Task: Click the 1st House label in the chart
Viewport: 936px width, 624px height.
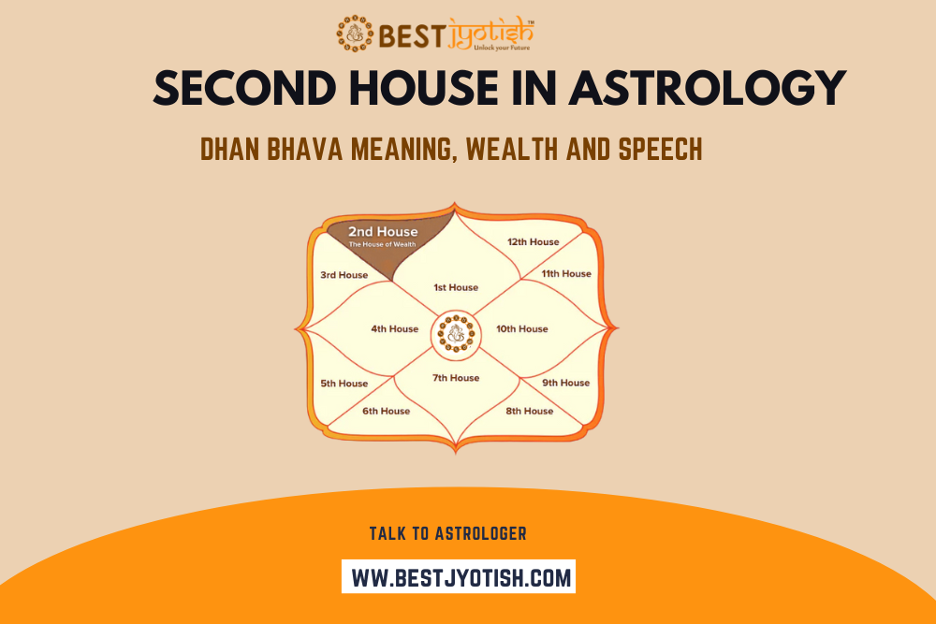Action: [x=456, y=287]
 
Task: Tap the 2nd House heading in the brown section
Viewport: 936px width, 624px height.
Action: [x=383, y=231]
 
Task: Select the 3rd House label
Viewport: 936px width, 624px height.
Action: [x=344, y=275]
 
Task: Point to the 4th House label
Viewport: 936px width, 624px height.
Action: [x=395, y=328]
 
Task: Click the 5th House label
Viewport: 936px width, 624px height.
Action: [x=344, y=384]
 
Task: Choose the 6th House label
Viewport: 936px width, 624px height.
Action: [x=387, y=411]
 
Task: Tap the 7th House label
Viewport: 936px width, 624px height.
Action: [x=456, y=378]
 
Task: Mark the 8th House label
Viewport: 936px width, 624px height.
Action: [x=530, y=411]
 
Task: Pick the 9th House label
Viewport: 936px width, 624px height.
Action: [x=566, y=383]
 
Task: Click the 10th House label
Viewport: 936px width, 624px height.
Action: [x=521, y=328]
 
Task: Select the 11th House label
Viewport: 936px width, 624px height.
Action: [x=566, y=274]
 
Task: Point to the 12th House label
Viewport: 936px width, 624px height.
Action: [x=534, y=242]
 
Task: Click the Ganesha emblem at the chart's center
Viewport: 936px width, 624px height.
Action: [x=456, y=334]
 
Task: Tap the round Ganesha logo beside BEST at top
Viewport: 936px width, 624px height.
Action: [x=355, y=34]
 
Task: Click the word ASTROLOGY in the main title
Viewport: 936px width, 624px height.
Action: [x=708, y=88]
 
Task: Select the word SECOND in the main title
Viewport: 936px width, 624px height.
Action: [x=245, y=88]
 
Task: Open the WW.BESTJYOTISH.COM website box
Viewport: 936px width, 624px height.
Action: [x=459, y=576]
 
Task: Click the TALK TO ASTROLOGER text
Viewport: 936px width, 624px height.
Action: [x=447, y=533]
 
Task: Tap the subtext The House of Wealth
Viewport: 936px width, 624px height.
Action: [x=382, y=244]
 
